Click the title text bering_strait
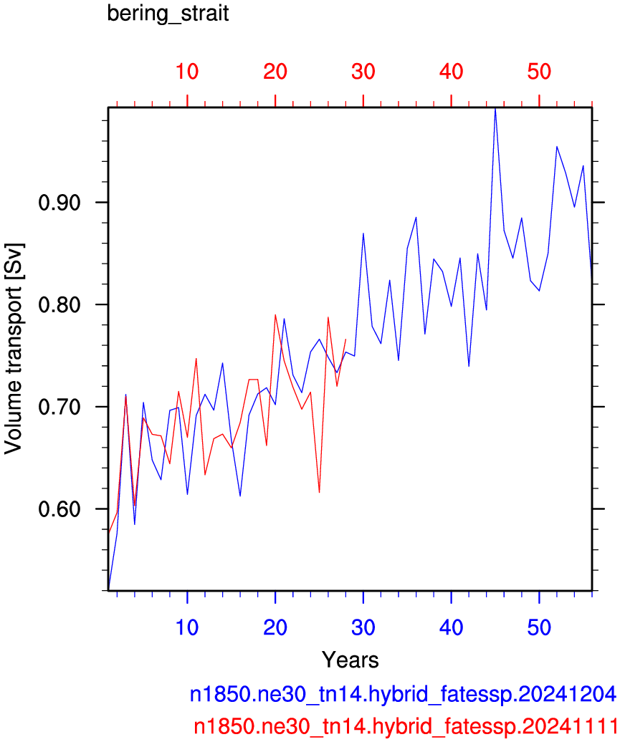click(168, 14)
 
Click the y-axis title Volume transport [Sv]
click(14, 350)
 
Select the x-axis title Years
click(350, 660)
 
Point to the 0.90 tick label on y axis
click(59, 203)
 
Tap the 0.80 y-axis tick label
click(59, 305)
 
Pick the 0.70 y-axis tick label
click(59, 407)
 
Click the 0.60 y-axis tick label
click(59, 509)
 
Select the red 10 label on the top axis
click(187, 72)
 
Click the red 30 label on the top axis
click(363, 72)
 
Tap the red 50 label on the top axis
click(539, 72)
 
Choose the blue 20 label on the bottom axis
click(275, 627)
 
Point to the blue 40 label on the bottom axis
click(451, 627)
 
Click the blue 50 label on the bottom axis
click(539, 627)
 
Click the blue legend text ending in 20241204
click(403, 694)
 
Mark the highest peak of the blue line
click(495, 109)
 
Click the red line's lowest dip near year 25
click(319, 492)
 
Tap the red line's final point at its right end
click(345, 339)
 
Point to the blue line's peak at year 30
click(363, 233)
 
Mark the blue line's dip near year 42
click(469, 366)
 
